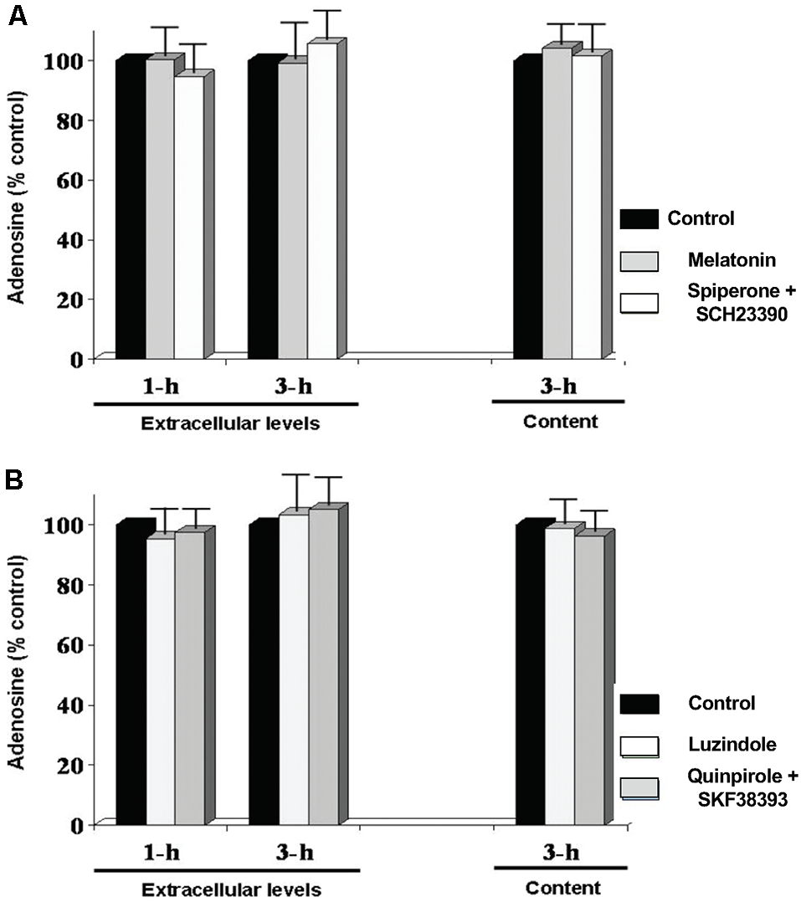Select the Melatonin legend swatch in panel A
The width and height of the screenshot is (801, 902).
(639, 261)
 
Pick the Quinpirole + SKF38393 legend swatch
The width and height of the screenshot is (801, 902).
(639, 788)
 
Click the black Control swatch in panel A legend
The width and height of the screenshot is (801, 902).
(639, 218)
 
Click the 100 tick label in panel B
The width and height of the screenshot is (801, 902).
(66, 525)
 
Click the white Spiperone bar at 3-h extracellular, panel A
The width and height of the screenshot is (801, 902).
(321, 201)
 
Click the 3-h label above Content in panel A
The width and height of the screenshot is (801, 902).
(558, 387)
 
